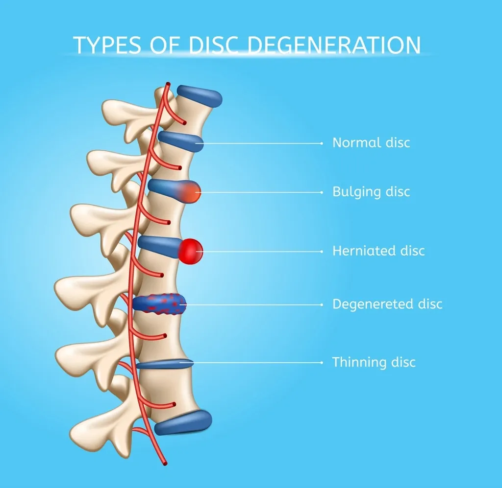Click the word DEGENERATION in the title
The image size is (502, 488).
pos(334,45)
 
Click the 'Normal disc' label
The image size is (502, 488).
pos(371,143)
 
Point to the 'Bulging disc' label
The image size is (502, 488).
pos(371,192)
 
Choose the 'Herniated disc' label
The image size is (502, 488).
pos(378,251)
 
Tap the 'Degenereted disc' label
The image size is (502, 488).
pos(387,304)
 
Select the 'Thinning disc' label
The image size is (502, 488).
pos(374,363)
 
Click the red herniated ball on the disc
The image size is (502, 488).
pos(191,250)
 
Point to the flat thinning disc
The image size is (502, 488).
pos(164,364)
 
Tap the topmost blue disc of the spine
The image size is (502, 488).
pos(200,95)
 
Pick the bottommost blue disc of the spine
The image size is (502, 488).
pos(183,422)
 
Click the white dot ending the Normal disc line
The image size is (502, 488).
pos(321,143)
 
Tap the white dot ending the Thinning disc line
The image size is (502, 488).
pos(321,363)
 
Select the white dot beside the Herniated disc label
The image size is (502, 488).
pos(321,251)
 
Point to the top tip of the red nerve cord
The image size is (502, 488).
pos(168,84)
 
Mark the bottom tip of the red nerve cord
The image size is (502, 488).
pos(165,464)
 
